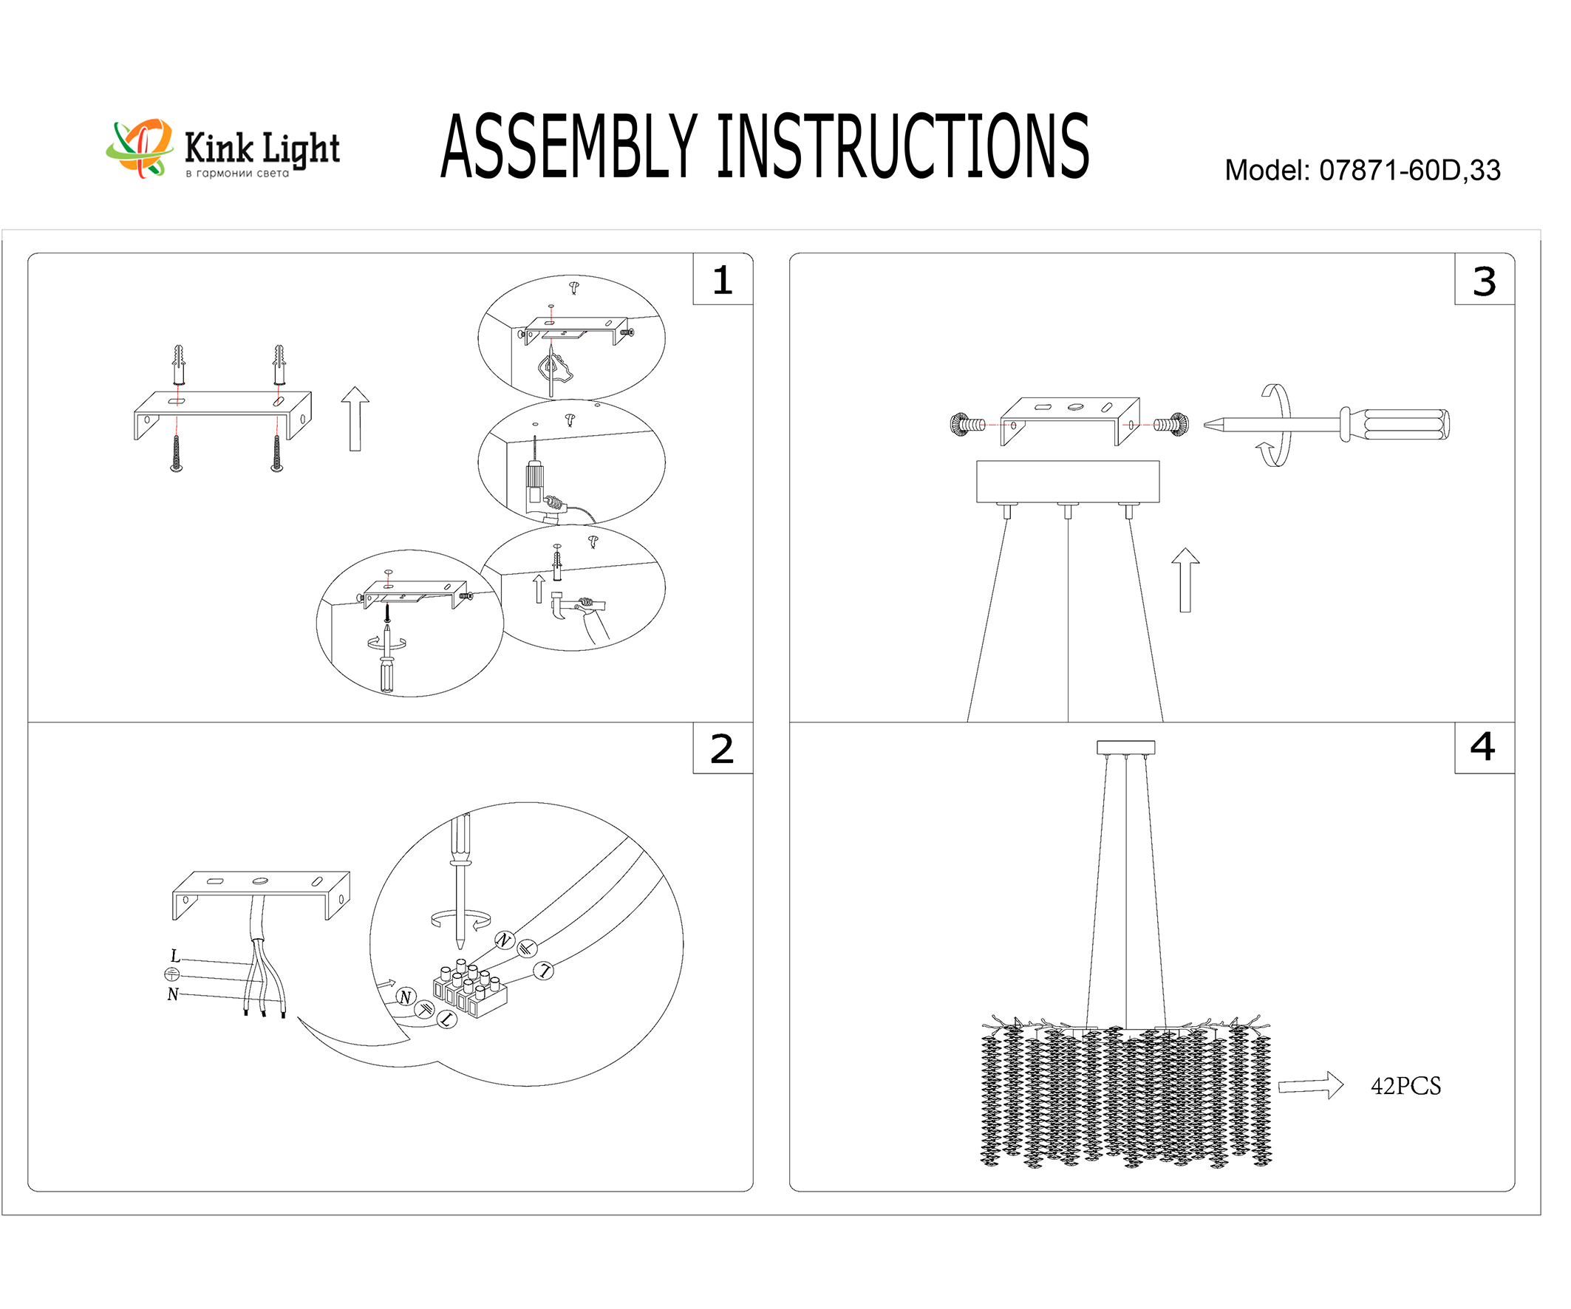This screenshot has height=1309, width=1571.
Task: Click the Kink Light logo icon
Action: click(139, 148)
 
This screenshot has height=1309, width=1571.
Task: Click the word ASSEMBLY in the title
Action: click(568, 147)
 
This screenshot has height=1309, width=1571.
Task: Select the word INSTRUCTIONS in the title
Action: click(902, 147)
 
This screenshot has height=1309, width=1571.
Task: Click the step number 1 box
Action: click(722, 280)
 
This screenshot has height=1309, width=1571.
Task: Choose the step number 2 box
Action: click(722, 748)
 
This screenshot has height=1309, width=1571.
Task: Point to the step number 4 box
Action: click(1484, 747)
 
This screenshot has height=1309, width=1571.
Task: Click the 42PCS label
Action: click(1405, 1086)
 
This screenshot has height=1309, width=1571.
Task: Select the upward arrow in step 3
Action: click(1185, 580)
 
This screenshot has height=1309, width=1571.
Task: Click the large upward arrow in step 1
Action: click(355, 419)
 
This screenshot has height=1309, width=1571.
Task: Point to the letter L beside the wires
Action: click(175, 956)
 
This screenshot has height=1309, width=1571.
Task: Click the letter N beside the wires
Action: click(173, 994)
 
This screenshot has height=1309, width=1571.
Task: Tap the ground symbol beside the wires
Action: click(172, 974)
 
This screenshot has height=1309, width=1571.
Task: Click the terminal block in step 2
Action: click(469, 991)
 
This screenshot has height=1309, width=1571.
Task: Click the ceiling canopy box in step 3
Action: click(1068, 481)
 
